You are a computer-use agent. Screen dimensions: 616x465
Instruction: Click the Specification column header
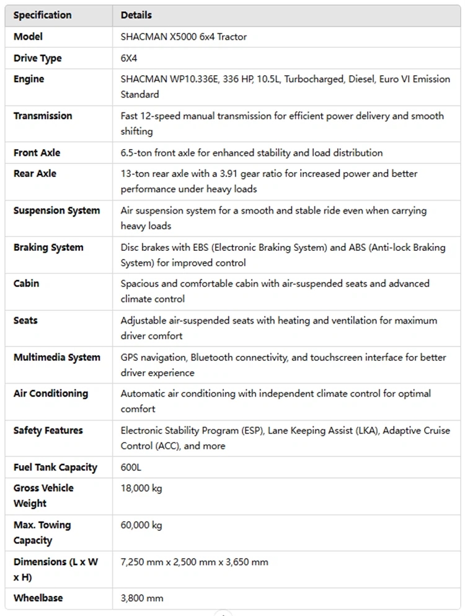point(42,15)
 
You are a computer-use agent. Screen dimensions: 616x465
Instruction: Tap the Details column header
point(136,15)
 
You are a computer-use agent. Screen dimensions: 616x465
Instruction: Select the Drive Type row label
point(37,58)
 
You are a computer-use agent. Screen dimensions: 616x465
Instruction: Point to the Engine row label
point(29,79)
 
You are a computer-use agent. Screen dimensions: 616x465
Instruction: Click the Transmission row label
point(43,116)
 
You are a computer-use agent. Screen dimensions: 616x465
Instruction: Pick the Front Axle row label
point(37,153)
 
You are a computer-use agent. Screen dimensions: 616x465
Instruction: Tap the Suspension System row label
point(56,211)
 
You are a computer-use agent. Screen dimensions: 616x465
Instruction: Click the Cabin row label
point(26,284)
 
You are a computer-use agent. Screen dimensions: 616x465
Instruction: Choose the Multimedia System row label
point(56,358)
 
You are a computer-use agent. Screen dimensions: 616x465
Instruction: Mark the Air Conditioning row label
point(51,394)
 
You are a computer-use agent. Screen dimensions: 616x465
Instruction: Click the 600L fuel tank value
point(131,468)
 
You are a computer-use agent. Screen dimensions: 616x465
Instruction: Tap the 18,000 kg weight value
point(141,489)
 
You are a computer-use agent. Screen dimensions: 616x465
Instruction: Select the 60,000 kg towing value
point(141,525)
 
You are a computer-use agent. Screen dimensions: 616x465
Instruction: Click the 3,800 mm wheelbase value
point(142,599)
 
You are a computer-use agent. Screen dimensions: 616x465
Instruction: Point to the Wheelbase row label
point(38,599)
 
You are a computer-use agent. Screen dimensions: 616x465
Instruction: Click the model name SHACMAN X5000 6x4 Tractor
point(184,37)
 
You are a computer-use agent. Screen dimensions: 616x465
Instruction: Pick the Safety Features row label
point(48,431)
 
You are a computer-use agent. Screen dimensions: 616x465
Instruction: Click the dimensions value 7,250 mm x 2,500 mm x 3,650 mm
point(194,563)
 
